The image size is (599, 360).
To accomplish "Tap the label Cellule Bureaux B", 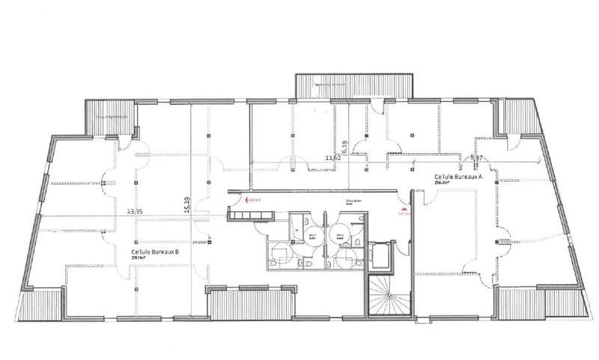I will pyautogui.click(x=154, y=253).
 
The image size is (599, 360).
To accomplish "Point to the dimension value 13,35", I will pyautogui.click(x=136, y=212).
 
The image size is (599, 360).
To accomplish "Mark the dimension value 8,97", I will pyautogui.click(x=476, y=158).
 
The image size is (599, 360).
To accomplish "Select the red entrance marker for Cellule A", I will pyautogui.click(x=405, y=210).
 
